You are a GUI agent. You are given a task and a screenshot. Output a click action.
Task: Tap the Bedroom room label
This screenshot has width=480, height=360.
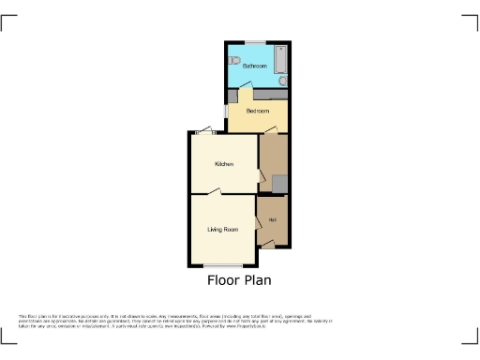[257, 111]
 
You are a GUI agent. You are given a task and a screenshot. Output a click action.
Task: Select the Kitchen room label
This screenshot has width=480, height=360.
[224, 164]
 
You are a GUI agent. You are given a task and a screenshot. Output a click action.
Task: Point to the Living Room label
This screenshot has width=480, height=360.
[223, 229]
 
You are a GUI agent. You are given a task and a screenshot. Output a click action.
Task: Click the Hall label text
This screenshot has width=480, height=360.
[273, 220]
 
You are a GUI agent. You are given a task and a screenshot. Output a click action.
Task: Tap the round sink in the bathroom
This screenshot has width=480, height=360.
[282, 81]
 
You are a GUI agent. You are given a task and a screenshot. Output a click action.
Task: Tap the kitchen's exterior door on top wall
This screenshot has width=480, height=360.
[205, 132]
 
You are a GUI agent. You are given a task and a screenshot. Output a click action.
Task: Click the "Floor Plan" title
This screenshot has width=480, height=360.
[239, 279]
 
